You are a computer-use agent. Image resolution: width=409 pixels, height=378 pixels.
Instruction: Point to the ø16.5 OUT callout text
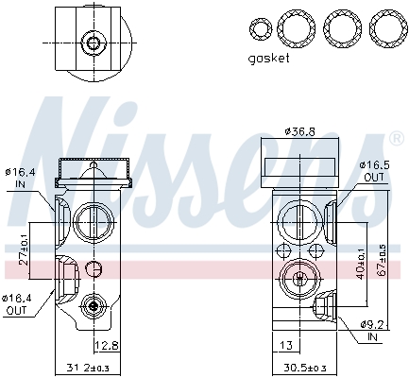click(373, 169)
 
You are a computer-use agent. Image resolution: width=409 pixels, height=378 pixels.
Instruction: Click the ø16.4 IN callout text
click(19, 178)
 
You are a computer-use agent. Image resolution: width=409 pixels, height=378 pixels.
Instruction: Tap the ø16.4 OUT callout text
click(19, 303)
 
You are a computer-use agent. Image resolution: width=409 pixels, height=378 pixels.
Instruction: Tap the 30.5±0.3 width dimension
click(307, 368)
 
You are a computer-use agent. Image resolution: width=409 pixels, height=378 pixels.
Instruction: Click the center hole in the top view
click(93, 43)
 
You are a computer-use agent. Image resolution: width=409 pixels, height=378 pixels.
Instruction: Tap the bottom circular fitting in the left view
click(93, 305)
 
